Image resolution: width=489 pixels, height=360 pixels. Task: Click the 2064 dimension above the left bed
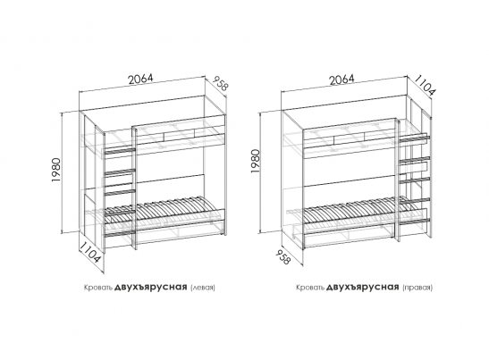click(x=141, y=80)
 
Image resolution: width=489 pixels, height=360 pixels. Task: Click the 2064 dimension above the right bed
click(x=342, y=80)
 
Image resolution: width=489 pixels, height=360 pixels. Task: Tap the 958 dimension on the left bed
click(x=220, y=83)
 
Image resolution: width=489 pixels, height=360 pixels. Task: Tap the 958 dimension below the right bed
click(x=283, y=255)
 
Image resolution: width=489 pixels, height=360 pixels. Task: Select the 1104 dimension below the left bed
click(x=90, y=252)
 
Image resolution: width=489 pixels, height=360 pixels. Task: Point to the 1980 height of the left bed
click(x=56, y=171)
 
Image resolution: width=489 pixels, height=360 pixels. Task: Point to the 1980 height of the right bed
click(x=255, y=162)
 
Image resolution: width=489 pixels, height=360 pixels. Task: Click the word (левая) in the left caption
click(x=203, y=287)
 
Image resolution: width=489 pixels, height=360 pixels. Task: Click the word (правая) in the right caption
click(x=417, y=287)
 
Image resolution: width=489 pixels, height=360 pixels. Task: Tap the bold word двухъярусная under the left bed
click(x=150, y=287)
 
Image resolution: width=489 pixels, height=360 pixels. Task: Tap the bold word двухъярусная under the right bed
click(x=362, y=287)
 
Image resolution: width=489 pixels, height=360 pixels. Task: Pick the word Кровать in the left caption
click(x=98, y=288)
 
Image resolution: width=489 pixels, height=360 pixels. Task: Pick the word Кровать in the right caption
click(x=310, y=288)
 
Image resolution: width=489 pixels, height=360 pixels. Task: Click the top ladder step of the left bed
click(x=120, y=151)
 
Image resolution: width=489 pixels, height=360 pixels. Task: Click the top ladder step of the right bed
click(x=414, y=138)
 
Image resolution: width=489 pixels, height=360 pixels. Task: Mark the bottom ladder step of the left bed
click(x=120, y=233)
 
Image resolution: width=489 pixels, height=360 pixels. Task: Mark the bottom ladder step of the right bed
click(x=414, y=222)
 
